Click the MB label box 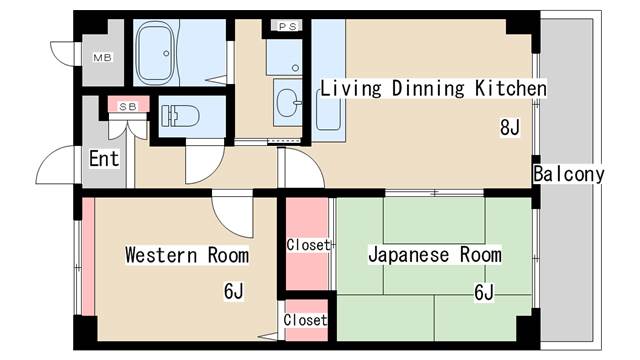click(x=103, y=57)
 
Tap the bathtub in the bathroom click(x=166, y=52)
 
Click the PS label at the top click(x=287, y=26)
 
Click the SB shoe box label click(x=128, y=106)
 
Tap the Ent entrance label click(x=104, y=158)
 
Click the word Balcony click(x=568, y=175)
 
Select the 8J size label click(x=510, y=127)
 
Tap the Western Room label click(x=186, y=255)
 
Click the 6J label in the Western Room click(x=234, y=292)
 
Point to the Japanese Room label click(x=435, y=255)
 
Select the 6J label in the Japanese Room click(x=484, y=292)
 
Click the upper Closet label click(x=307, y=245)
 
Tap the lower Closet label click(x=305, y=320)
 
